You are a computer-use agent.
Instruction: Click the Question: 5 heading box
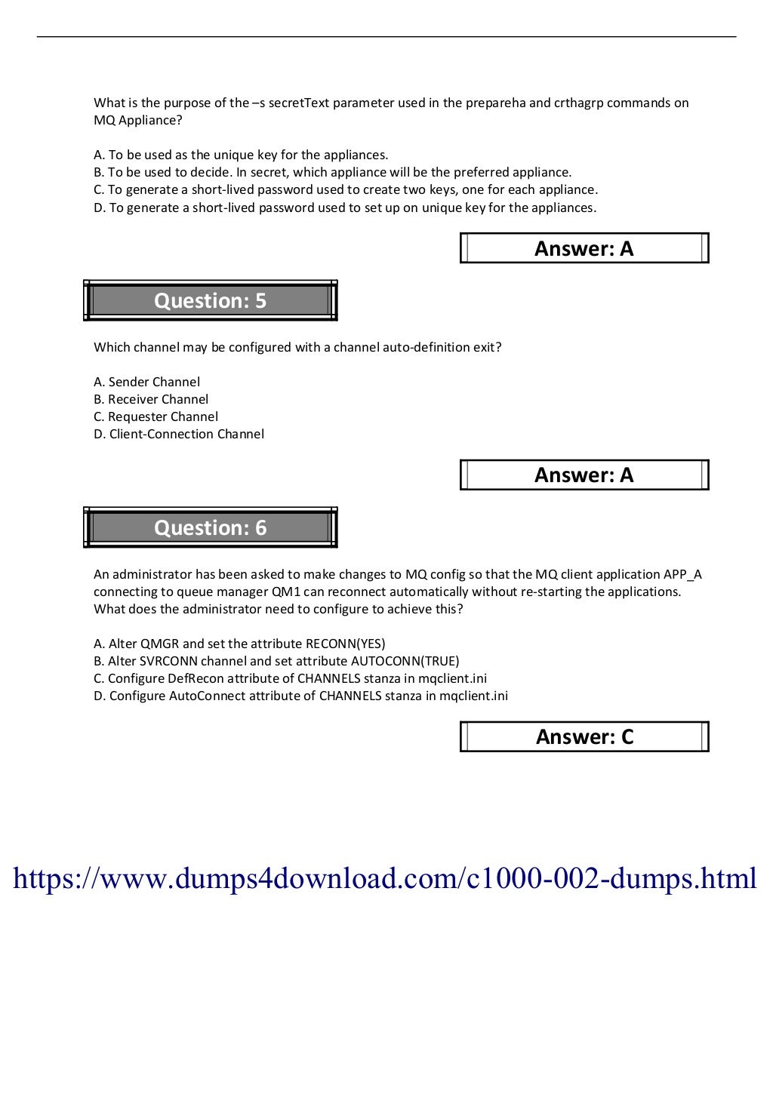coord(210,300)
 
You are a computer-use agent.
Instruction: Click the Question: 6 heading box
coord(210,527)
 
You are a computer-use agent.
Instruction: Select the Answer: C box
coord(584,736)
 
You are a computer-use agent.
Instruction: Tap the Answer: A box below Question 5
coord(584,475)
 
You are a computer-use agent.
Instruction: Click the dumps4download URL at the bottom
coord(385,878)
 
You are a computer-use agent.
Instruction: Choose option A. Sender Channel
coord(147,382)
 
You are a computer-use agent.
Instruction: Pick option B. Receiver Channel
coord(151,399)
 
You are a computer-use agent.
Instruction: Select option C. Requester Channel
coord(156,416)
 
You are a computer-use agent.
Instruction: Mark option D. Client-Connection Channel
coord(179,434)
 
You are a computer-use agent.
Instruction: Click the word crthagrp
coord(578,103)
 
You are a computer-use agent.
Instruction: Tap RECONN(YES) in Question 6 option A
coord(345,644)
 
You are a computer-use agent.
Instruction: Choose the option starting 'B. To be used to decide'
coord(332,172)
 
